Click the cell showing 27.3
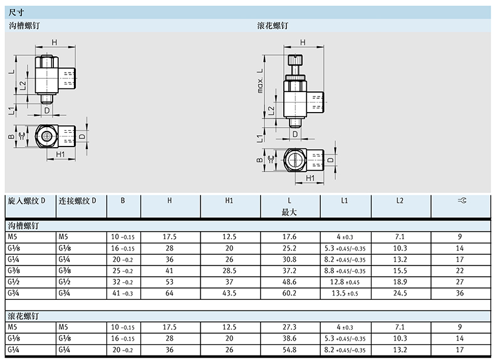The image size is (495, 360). pyautogui.click(x=289, y=327)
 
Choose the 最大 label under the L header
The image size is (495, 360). pyautogui.click(x=289, y=212)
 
